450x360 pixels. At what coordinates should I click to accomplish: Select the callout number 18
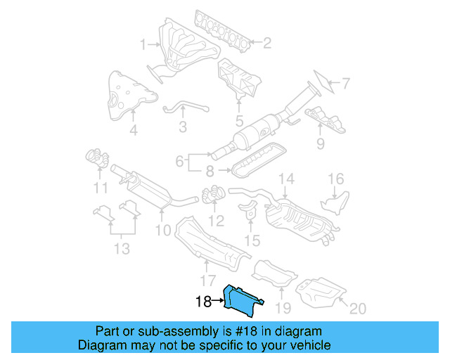tap(203, 302)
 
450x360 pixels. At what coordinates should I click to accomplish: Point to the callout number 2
tap(266, 44)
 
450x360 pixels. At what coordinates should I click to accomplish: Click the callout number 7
tap(345, 84)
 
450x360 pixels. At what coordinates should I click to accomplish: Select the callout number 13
tap(122, 247)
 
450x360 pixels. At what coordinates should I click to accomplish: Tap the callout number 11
tap(101, 188)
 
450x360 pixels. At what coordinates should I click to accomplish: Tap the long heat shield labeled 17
tap(207, 242)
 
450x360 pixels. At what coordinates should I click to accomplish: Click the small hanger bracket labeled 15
tap(250, 212)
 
